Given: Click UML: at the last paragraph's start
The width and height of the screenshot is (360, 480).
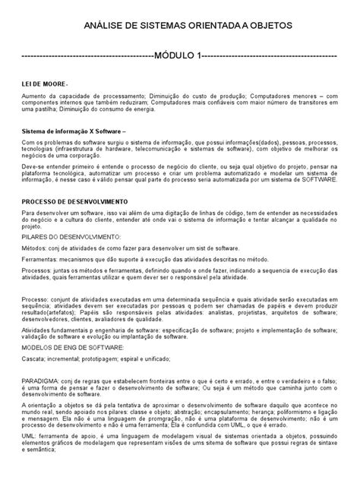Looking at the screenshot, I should pyautogui.click(x=29, y=447).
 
